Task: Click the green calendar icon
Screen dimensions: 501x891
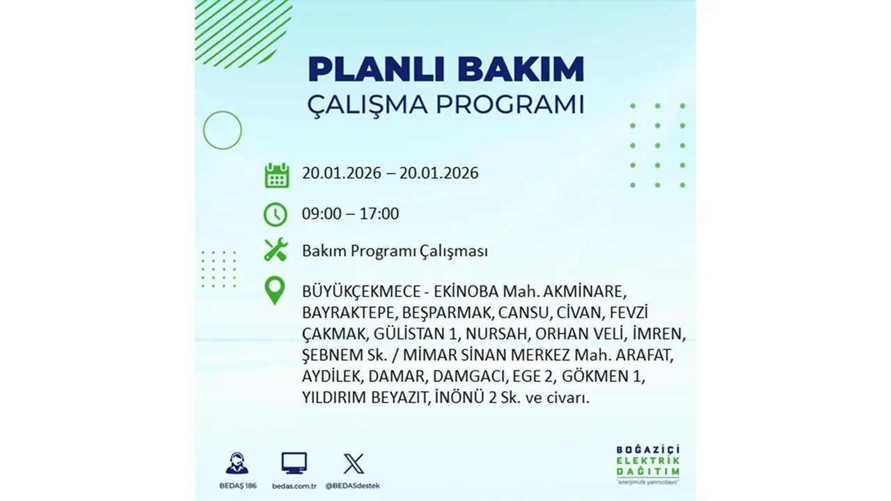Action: (276, 175)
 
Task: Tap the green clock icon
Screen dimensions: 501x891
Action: (276, 214)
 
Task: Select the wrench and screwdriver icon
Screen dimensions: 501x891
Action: (276, 250)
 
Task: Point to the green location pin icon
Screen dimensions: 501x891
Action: (276, 290)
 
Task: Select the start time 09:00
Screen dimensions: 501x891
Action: (322, 214)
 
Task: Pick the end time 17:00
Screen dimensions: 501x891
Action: (379, 214)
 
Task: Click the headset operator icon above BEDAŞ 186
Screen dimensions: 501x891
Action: (237, 463)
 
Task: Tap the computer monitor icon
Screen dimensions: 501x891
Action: (294, 463)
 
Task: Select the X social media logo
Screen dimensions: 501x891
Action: (354, 463)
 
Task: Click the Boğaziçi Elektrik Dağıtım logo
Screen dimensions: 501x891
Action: (648, 463)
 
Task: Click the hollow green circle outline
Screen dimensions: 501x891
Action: (222, 130)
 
